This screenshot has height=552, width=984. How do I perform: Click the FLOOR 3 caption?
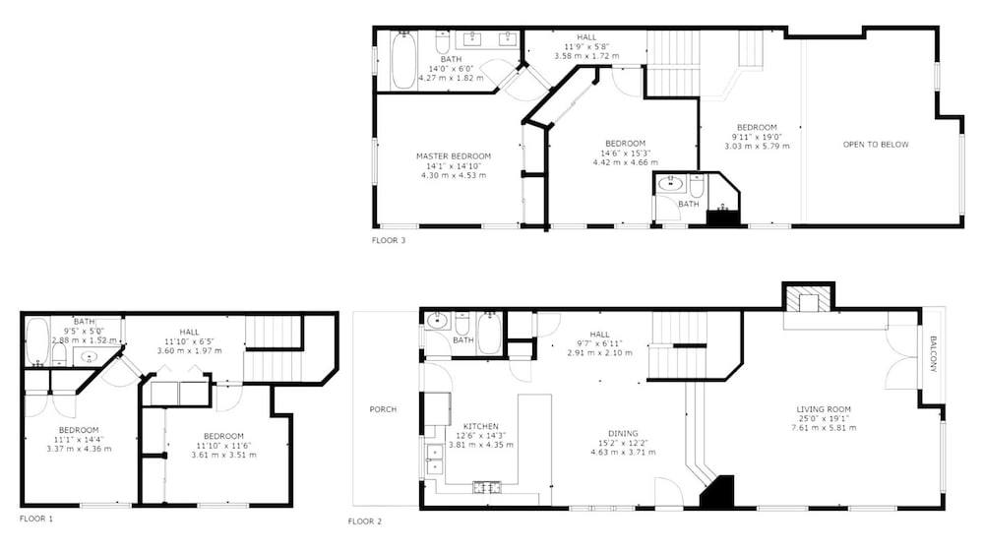pyautogui.click(x=389, y=240)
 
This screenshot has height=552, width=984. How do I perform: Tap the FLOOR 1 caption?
pyautogui.click(x=36, y=519)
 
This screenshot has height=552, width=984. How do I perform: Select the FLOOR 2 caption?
pyautogui.click(x=365, y=521)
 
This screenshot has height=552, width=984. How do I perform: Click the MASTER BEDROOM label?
pyautogui.click(x=454, y=156)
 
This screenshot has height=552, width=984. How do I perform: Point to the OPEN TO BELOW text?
pyautogui.click(x=876, y=145)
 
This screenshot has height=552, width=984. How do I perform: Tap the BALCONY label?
pyautogui.click(x=933, y=354)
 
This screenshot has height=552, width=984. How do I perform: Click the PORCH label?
pyautogui.click(x=383, y=409)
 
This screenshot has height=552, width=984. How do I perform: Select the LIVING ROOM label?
pyautogui.click(x=824, y=409)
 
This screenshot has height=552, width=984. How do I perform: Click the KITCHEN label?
pyautogui.click(x=481, y=427)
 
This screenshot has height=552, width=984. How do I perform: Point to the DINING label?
pyautogui.click(x=623, y=434)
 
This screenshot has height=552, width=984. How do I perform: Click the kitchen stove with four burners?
pyautogui.click(x=486, y=487)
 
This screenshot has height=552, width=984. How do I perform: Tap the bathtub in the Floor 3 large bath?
pyautogui.click(x=402, y=60)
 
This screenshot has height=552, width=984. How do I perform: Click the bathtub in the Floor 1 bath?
pyautogui.click(x=37, y=340)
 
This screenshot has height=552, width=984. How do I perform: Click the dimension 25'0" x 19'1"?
pyautogui.click(x=824, y=418)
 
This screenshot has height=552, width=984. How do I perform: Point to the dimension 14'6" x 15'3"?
pyautogui.click(x=625, y=153)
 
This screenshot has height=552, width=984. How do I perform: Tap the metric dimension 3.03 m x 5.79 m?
pyautogui.click(x=757, y=147)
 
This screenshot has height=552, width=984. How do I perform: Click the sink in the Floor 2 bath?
pyautogui.click(x=437, y=322)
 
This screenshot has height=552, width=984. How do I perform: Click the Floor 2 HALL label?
pyautogui.click(x=599, y=335)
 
